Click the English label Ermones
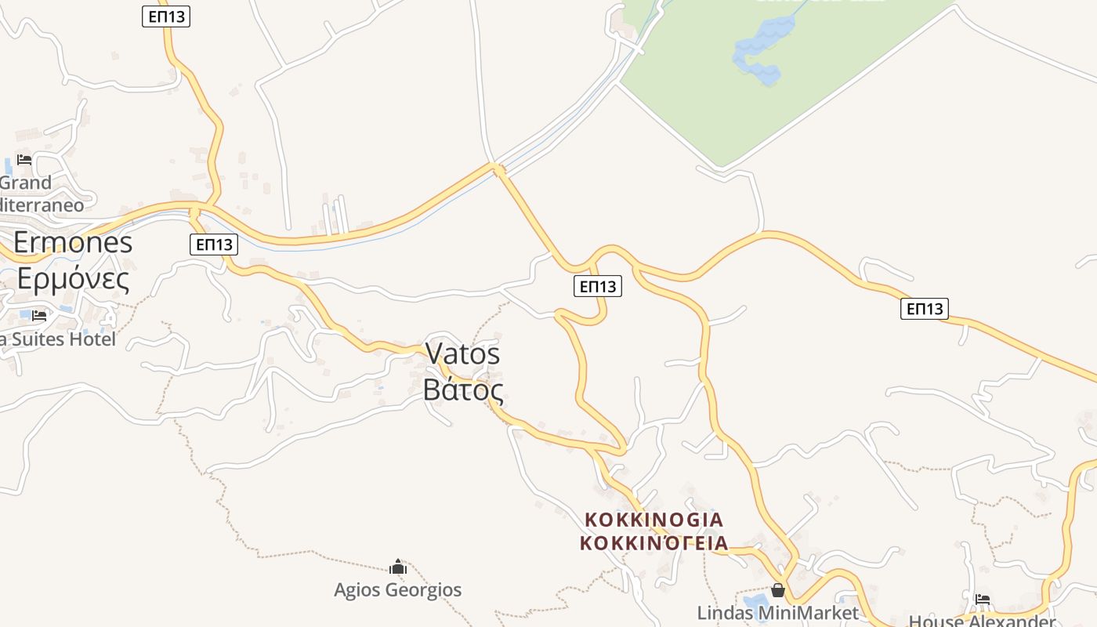coord(73,243)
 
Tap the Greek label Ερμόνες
coord(73,278)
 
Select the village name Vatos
coord(462,354)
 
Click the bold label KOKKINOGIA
coord(654,520)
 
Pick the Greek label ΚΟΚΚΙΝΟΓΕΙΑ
coord(654,542)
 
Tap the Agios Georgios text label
coord(398,589)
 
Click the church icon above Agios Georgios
coord(398,567)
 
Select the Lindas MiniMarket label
coord(778,612)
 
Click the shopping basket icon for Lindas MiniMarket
coord(778,590)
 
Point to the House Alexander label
coord(983,621)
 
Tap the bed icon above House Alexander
coord(983,600)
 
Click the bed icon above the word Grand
coord(24,160)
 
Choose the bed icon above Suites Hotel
coord(39,316)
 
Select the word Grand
coord(26,183)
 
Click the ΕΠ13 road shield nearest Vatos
coord(597,286)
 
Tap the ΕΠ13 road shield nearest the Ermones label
coord(213,245)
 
